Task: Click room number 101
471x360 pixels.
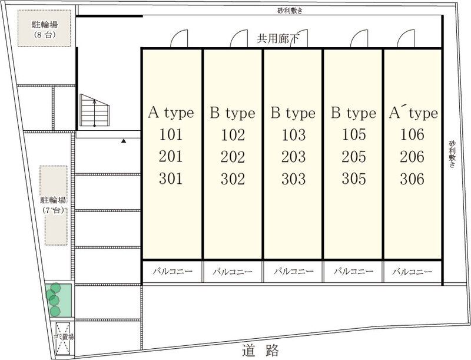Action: click(x=171, y=134)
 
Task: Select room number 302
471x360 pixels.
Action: click(x=233, y=179)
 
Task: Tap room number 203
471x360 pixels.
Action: click(x=293, y=157)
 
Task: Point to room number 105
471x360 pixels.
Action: click(x=354, y=134)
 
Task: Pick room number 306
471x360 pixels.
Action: click(x=412, y=179)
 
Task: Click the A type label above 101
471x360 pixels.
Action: click(x=171, y=113)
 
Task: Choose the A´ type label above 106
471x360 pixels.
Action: click(x=413, y=113)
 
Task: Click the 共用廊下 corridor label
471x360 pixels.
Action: click(x=278, y=39)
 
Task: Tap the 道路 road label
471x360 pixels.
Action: click(x=260, y=351)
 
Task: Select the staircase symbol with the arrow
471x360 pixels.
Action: click(x=94, y=110)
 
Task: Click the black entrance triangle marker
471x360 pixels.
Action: click(x=124, y=141)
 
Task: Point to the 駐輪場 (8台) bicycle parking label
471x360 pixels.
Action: click(x=45, y=29)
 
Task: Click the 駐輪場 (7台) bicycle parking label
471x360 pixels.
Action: click(x=54, y=205)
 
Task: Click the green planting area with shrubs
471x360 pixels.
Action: click(x=58, y=299)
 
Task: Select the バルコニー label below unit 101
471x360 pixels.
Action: click(x=172, y=272)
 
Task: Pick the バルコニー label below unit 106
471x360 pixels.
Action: click(x=412, y=272)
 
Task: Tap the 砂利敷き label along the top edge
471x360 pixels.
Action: click(x=290, y=11)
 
